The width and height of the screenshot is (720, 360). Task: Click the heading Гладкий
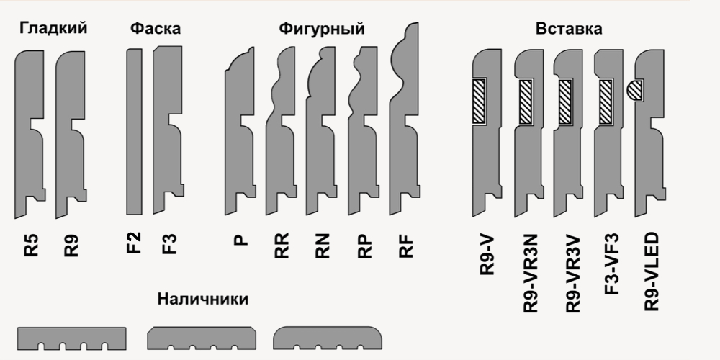pyautogui.click(x=53, y=29)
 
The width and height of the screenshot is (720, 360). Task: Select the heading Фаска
pyautogui.click(x=156, y=29)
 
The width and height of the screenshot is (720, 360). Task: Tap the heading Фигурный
pyautogui.click(x=321, y=29)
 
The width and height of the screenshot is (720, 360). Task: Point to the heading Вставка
pyautogui.click(x=569, y=29)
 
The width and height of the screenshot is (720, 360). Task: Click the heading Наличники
pyautogui.click(x=202, y=299)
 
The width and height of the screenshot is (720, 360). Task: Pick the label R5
pyautogui.click(x=31, y=246)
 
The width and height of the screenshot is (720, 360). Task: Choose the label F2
pyautogui.click(x=134, y=243)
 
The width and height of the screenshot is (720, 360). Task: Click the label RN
pyautogui.click(x=322, y=246)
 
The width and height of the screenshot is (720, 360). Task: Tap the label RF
pyautogui.click(x=406, y=246)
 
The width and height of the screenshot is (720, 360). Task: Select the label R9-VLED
pyautogui.click(x=652, y=272)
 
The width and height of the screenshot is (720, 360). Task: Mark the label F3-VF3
pyautogui.click(x=611, y=264)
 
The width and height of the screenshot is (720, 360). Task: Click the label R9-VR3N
pyautogui.click(x=530, y=274)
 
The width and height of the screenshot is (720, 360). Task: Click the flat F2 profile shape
pyautogui.click(x=134, y=132)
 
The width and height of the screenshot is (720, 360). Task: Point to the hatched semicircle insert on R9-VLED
pyautogui.click(x=634, y=91)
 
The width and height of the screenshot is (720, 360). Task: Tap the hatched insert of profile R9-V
pyautogui.click(x=480, y=101)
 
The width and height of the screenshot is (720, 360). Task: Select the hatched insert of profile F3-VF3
pyautogui.click(x=606, y=102)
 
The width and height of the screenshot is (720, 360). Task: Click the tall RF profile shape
pyautogui.click(x=405, y=119)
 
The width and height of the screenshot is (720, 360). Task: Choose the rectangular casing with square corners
pyautogui.click(x=71, y=338)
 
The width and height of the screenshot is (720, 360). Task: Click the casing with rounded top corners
pyautogui.click(x=328, y=338)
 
